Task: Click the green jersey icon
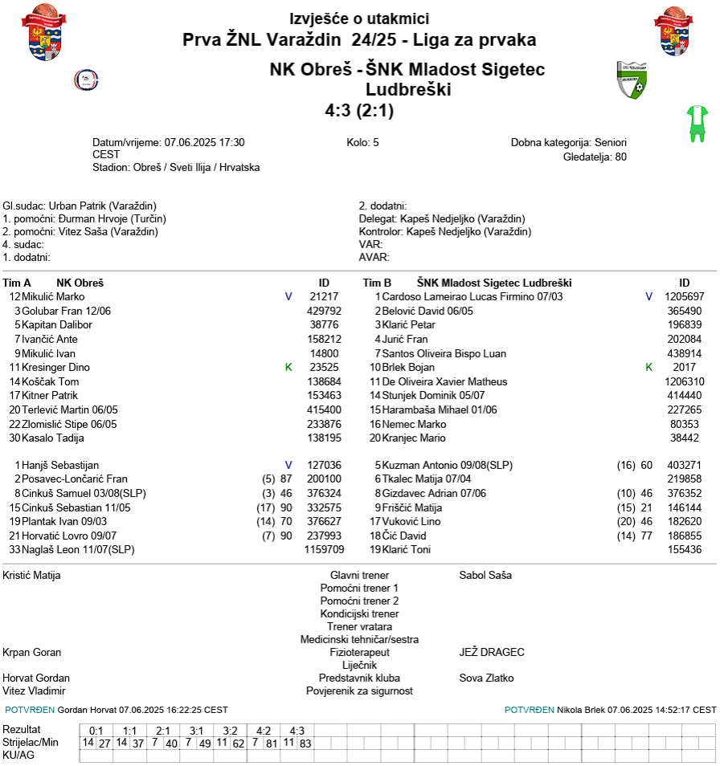(x=696, y=124)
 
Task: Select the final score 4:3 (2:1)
(x=359, y=111)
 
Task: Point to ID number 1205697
(x=684, y=296)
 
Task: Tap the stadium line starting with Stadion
(x=176, y=168)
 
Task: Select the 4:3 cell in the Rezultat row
(x=297, y=731)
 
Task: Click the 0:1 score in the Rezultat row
(x=96, y=731)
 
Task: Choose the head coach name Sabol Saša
(x=485, y=575)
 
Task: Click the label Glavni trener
(x=359, y=575)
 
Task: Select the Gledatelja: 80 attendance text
(x=595, y=157)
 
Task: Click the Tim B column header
(x=377, y=283)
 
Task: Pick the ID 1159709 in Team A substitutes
(x=324, y=550)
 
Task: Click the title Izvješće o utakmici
(x=359, y=19)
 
